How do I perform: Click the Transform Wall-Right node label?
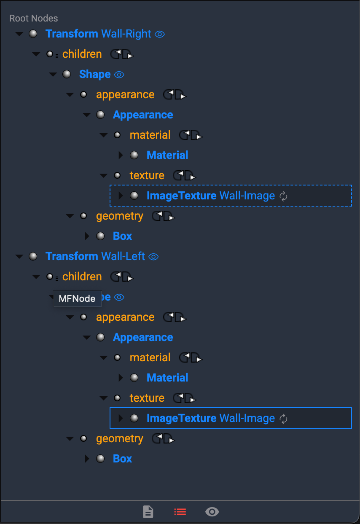coord(98,34)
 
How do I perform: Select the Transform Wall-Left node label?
coord(95,256)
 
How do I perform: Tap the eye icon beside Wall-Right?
coord(160,34)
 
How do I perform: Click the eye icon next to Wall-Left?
coord(154,257)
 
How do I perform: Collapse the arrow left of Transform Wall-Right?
coord(19,34)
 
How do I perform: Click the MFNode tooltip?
coord(77,299)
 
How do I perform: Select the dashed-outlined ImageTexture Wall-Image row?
coord(210,196)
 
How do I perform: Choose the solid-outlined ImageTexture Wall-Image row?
coord(210,418)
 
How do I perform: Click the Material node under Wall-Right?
coord(167,155)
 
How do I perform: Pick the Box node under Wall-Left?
coord(122,459)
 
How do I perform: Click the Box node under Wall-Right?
coord(122,236)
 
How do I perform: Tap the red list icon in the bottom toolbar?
coord(180,512)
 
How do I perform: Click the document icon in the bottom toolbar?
coord(148,512)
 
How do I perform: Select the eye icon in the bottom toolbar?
coord(212,512)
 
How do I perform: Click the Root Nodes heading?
coord(34,18)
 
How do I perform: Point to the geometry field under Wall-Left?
coord(120,438)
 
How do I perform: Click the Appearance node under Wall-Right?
coord(143,115)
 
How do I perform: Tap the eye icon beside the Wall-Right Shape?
coord(119,75)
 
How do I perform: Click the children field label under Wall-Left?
coord(82,277)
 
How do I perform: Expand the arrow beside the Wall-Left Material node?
coord(121,378)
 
